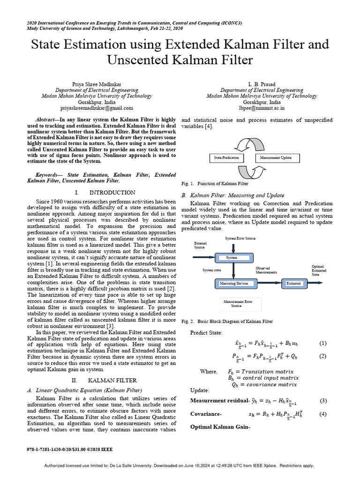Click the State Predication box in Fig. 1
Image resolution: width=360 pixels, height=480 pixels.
[x=226, y=158]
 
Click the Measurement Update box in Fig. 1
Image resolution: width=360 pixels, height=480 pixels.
[x=276, y=158]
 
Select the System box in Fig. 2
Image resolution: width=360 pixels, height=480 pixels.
[x=232, y=257]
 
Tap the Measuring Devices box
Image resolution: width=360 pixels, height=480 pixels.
[x=237, y=284]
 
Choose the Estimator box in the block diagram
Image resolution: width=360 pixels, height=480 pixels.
[x=294, y=284]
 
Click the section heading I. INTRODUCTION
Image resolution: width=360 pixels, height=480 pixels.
[x=105, y=193]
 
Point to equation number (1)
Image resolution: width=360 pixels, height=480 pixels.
[x=322, y=343]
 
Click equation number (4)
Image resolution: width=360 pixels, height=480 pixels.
[x=322, y=414]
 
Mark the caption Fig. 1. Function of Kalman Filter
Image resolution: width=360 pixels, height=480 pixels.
[x=215, y=184]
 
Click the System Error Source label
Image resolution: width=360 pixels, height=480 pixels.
[x=240, y=239]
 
